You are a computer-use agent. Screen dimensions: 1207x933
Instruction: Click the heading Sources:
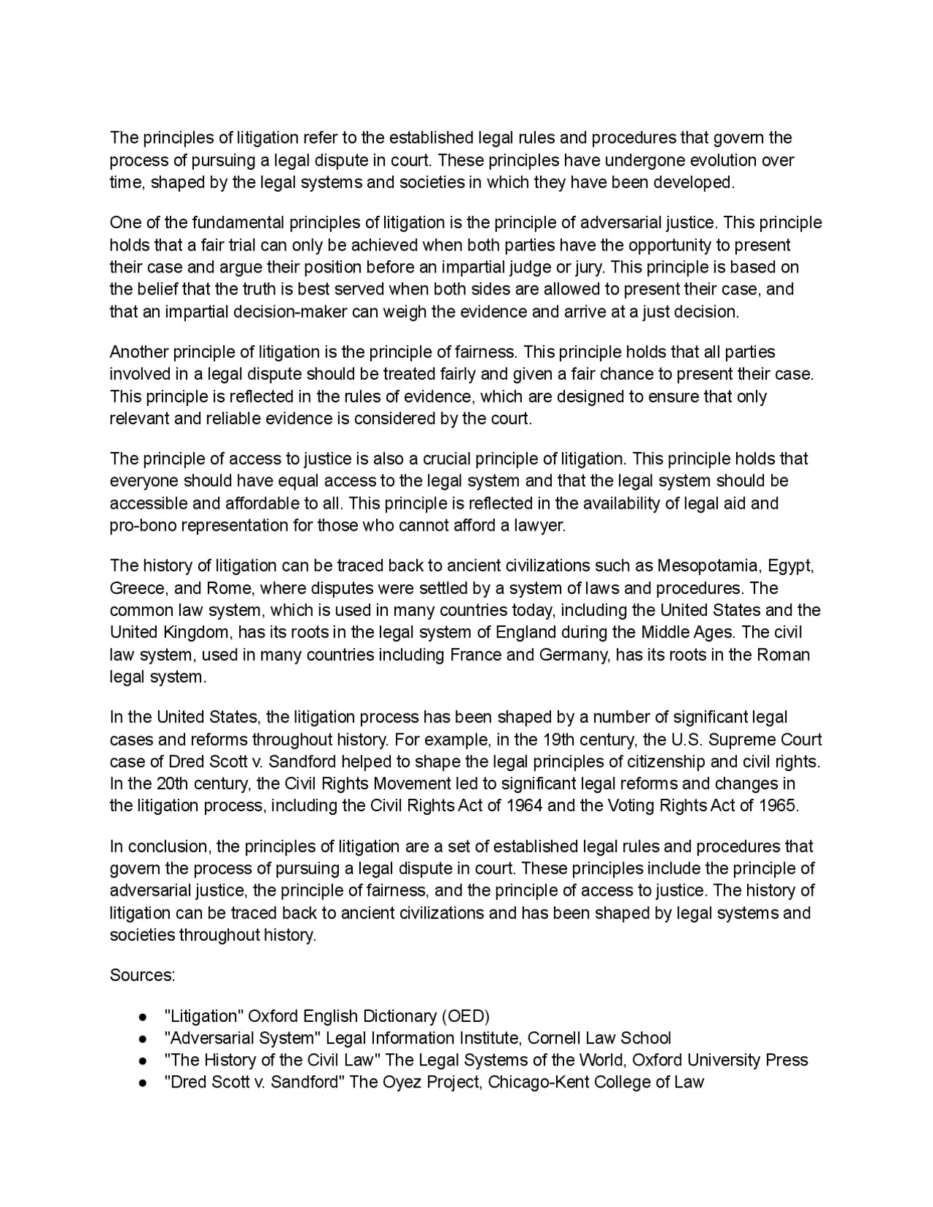click(142, 975)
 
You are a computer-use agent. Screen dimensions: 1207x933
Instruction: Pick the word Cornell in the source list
click(555, 1038)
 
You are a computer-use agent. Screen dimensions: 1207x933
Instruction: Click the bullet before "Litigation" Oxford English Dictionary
click(143, 1017)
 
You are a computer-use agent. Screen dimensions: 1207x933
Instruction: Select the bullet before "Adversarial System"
click(143, 1039)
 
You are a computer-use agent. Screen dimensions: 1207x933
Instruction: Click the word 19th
click(558, 740)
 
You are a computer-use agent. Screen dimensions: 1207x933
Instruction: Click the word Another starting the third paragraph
click(138, 353)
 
